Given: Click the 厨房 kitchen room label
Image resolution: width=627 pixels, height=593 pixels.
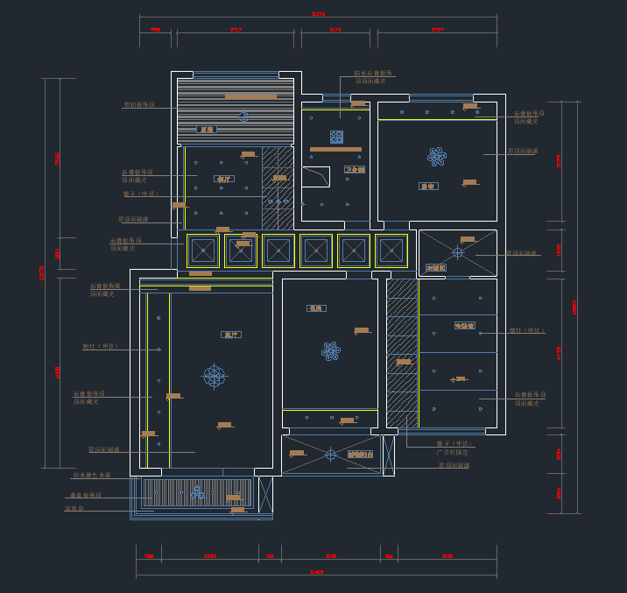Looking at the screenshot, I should (x=208, y=129).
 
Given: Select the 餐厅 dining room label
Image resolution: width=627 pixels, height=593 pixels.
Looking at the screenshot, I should (x=222, y=179).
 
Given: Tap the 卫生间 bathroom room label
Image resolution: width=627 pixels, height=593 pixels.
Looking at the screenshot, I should (x=354, y=169).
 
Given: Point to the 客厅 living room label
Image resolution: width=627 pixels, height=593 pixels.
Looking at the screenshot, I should (x=231, y=335).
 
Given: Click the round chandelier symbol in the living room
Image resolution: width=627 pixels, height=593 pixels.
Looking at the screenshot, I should (x=214, y=376).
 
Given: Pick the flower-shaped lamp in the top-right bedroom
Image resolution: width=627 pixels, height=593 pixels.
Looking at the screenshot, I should (x=436, y=157).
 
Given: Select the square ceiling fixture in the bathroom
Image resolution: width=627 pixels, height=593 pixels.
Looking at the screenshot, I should (x=336, y=137).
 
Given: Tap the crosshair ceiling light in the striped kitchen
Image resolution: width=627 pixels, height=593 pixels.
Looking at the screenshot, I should (x=243, y=116).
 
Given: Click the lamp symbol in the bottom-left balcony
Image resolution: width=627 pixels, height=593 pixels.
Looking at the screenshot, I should (x=198, y=492).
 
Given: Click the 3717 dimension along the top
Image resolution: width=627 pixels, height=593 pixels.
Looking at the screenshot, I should (x=236, y=30).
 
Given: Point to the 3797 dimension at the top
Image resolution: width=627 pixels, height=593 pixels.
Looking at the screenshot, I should (x=438, y=30).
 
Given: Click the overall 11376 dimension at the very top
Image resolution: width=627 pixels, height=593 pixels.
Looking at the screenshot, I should (x=319, y=14).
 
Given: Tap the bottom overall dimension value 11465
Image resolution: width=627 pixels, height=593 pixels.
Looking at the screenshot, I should (x=317, y=572).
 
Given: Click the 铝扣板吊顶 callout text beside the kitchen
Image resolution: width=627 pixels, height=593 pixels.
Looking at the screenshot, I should (x=138, y=104).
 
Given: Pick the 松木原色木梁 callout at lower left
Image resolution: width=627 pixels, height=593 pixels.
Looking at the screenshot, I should (x=92, y=475).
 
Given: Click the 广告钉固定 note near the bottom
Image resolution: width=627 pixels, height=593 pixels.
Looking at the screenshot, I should (x=452, y=452).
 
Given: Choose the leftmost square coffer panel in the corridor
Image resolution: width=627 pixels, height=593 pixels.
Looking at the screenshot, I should (x=203, y=251).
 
